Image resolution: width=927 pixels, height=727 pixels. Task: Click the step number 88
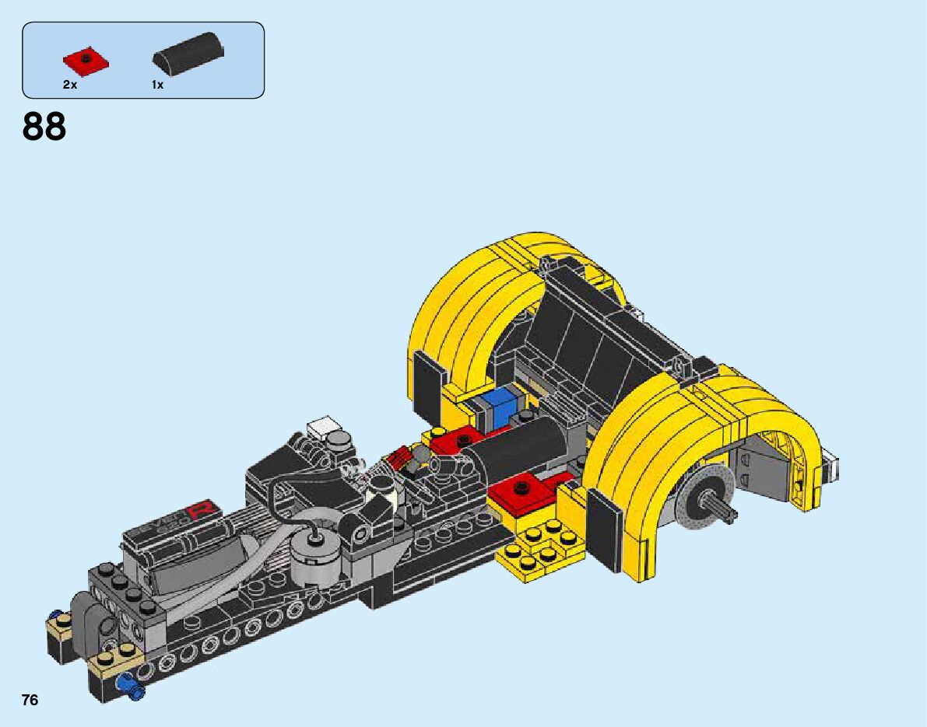click(44, 127)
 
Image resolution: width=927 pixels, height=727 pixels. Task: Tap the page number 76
click(30, 700)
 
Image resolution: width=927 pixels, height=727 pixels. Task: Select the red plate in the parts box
click(86, 61)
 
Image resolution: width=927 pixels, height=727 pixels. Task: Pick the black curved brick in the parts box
click(188, 54)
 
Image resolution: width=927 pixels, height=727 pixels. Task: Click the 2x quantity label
click(70, 85)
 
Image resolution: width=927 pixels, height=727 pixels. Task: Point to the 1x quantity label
click(157, 85)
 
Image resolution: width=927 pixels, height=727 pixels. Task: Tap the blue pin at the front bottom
click(132, 687)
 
